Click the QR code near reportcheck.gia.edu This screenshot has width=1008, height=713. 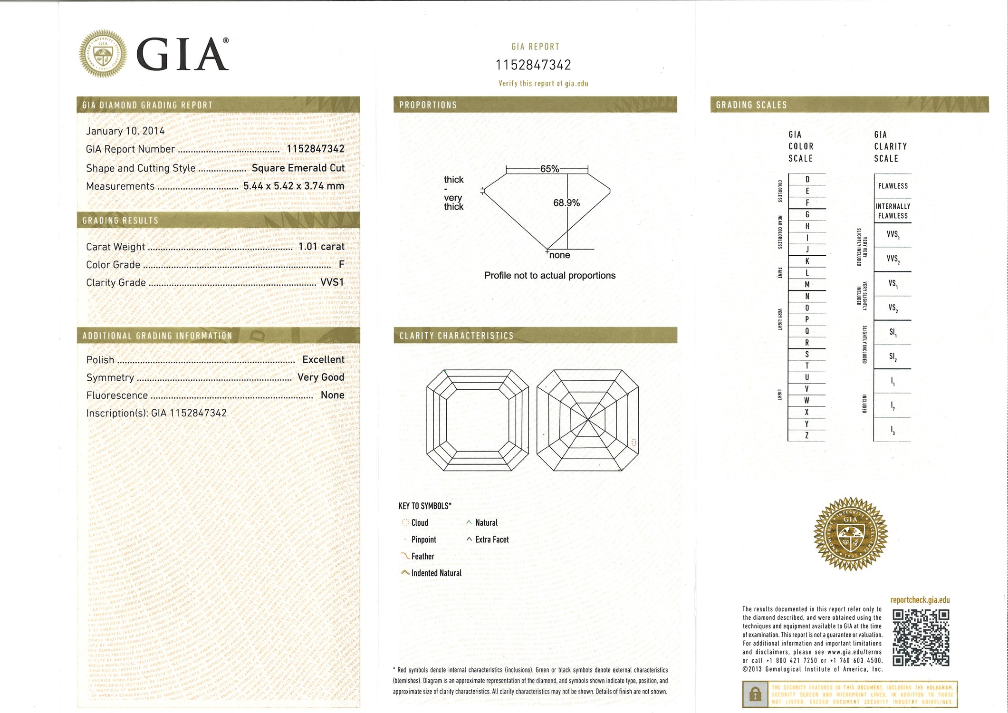(x=921, y=637)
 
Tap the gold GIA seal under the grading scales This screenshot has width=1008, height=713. (x=850, y=534)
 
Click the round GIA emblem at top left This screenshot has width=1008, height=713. (x=103, y=54)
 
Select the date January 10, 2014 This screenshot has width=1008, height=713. (x=125, y=131)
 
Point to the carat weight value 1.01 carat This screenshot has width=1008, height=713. (x=321, y=246)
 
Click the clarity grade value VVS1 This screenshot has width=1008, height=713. (x=332, y=282)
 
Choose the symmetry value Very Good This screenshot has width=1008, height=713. (x=321, y=377)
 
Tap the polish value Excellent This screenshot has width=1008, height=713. (x=323, y=359)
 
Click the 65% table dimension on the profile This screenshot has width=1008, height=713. (x=549, y=169)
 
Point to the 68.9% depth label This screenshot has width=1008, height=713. (x=566, y=203)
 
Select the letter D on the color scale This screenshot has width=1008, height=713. (x=807, y=179)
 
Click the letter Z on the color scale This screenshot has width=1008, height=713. (x=807, y=435)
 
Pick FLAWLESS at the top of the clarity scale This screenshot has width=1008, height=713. (x=893, y=186)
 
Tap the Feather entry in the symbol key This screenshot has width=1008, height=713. (x=422, y=556)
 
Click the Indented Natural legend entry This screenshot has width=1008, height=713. (x=436, y=573)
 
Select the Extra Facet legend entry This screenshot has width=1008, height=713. (x=491, y=540)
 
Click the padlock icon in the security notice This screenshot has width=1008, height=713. (x=755, y=694)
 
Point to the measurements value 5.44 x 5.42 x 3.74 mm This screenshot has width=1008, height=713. (x=294, y=186)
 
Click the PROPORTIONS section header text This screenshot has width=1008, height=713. (x=428, y=105)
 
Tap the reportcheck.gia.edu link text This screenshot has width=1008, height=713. (x=920, y=600)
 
